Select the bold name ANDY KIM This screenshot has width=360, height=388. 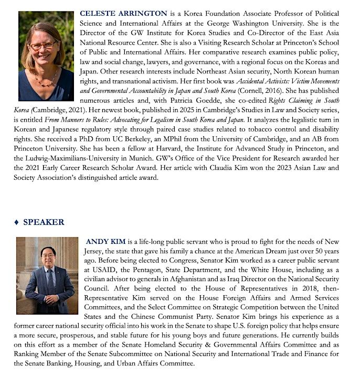click(105, 242)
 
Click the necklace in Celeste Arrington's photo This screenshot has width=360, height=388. click(47, 79)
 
